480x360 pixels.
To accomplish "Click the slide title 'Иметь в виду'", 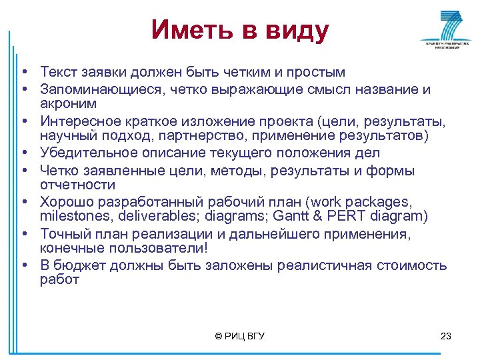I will click(239, 30).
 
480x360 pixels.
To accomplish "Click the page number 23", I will click(446, 336).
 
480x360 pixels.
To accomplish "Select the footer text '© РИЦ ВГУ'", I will click(240, 336).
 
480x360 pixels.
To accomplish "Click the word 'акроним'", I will click(68, 103).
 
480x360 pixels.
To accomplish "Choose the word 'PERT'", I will click(336, 216).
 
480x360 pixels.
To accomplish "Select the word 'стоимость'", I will click(413, 265).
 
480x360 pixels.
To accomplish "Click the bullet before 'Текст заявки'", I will click(23, 72).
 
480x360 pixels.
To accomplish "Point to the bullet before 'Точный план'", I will click(23, 234).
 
